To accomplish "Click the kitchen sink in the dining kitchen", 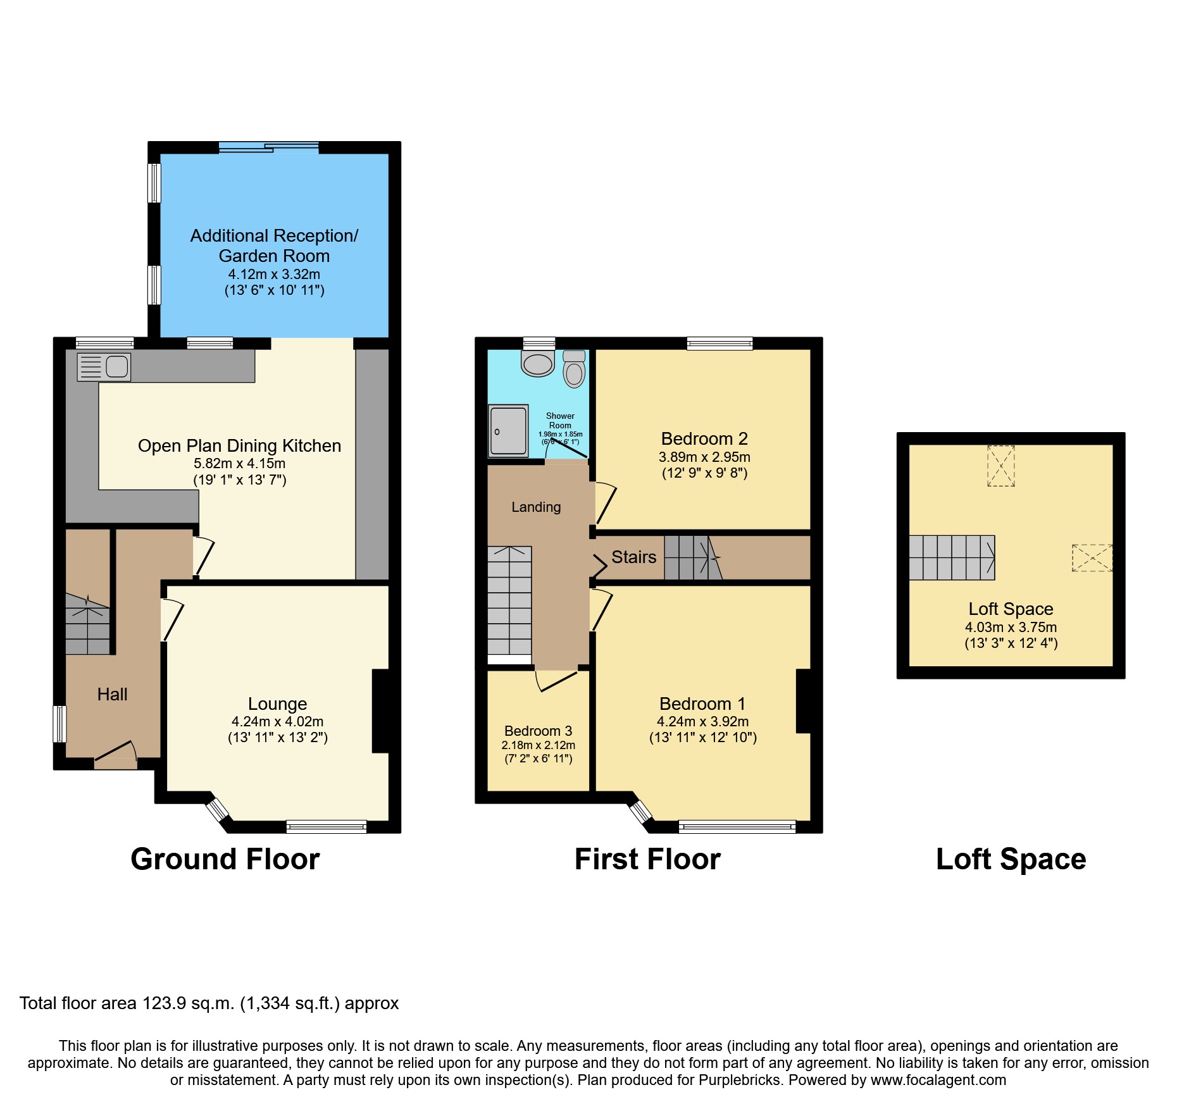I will (104, 367).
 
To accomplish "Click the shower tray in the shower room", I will (508, 431).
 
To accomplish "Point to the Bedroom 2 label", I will (704, 438).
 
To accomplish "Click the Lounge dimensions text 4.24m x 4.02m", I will (277, 721).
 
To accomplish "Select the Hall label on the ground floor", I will (112, 694).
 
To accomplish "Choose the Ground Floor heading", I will (225, 859).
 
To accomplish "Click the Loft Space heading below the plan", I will (1011, 859).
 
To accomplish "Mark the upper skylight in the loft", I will (1000, 466).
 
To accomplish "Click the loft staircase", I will (952, 557).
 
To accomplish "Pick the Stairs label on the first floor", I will (633, 557).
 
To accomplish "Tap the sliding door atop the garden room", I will (269, 147).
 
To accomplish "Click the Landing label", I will (536, 507).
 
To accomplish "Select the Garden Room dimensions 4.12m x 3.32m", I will (274, 274).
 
